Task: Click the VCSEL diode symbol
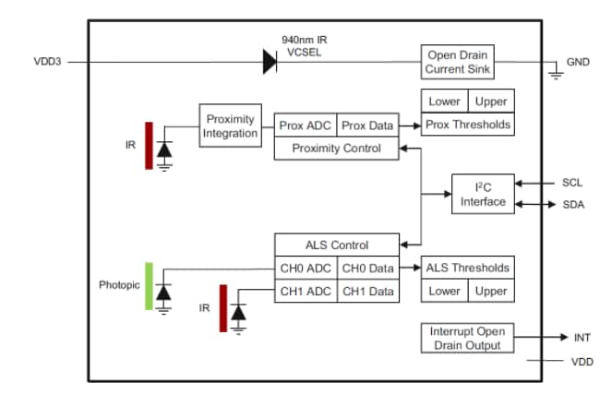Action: (270, 62)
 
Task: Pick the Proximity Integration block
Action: (230, 126)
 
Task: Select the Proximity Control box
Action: (337, 148)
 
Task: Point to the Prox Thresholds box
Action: (466, 125)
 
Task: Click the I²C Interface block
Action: (483, 194)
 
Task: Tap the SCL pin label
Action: (572, 183)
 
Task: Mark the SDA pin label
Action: (572, 204)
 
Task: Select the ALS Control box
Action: (337, 245)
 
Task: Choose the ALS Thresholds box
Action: (466, 268)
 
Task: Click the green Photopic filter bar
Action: (148, 285)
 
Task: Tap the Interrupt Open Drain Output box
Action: (466, 338)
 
